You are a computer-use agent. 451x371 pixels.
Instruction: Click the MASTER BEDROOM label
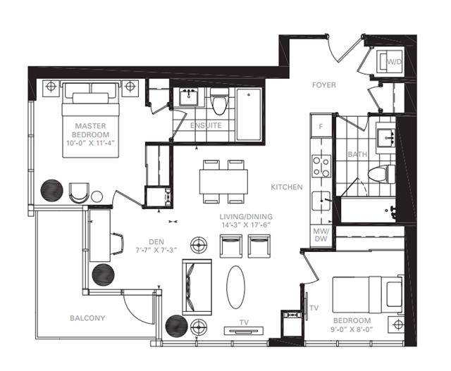(x=91, y=130)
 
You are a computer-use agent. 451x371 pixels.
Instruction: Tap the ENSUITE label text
(x=206, y=125)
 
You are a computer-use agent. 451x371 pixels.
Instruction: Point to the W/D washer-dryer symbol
(x=390, y=61)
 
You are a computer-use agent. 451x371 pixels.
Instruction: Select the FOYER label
(x=324, y=85)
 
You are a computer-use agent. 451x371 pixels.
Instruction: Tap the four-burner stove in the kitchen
(x=321, y=166)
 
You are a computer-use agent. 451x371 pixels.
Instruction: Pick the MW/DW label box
(x=321, y=235)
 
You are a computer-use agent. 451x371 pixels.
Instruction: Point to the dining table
(x=223, y=182)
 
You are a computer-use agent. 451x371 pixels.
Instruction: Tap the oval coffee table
(x=236, y=287)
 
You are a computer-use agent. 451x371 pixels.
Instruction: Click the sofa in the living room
(x=197, y=287)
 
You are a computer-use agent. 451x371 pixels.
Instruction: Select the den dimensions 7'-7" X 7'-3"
(x=156, y=250)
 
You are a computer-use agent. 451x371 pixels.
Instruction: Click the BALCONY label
(x=87, y=318)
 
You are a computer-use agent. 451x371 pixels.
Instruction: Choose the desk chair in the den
(x=118, y=244)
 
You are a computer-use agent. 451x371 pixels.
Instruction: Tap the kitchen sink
(x=321, y=201)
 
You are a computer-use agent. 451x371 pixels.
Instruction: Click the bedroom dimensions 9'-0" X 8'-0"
(x=352, y=329)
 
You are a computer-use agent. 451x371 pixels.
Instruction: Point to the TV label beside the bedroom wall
(x=314, y=308)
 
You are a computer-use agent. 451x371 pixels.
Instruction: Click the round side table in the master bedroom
(x=97, y=196)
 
